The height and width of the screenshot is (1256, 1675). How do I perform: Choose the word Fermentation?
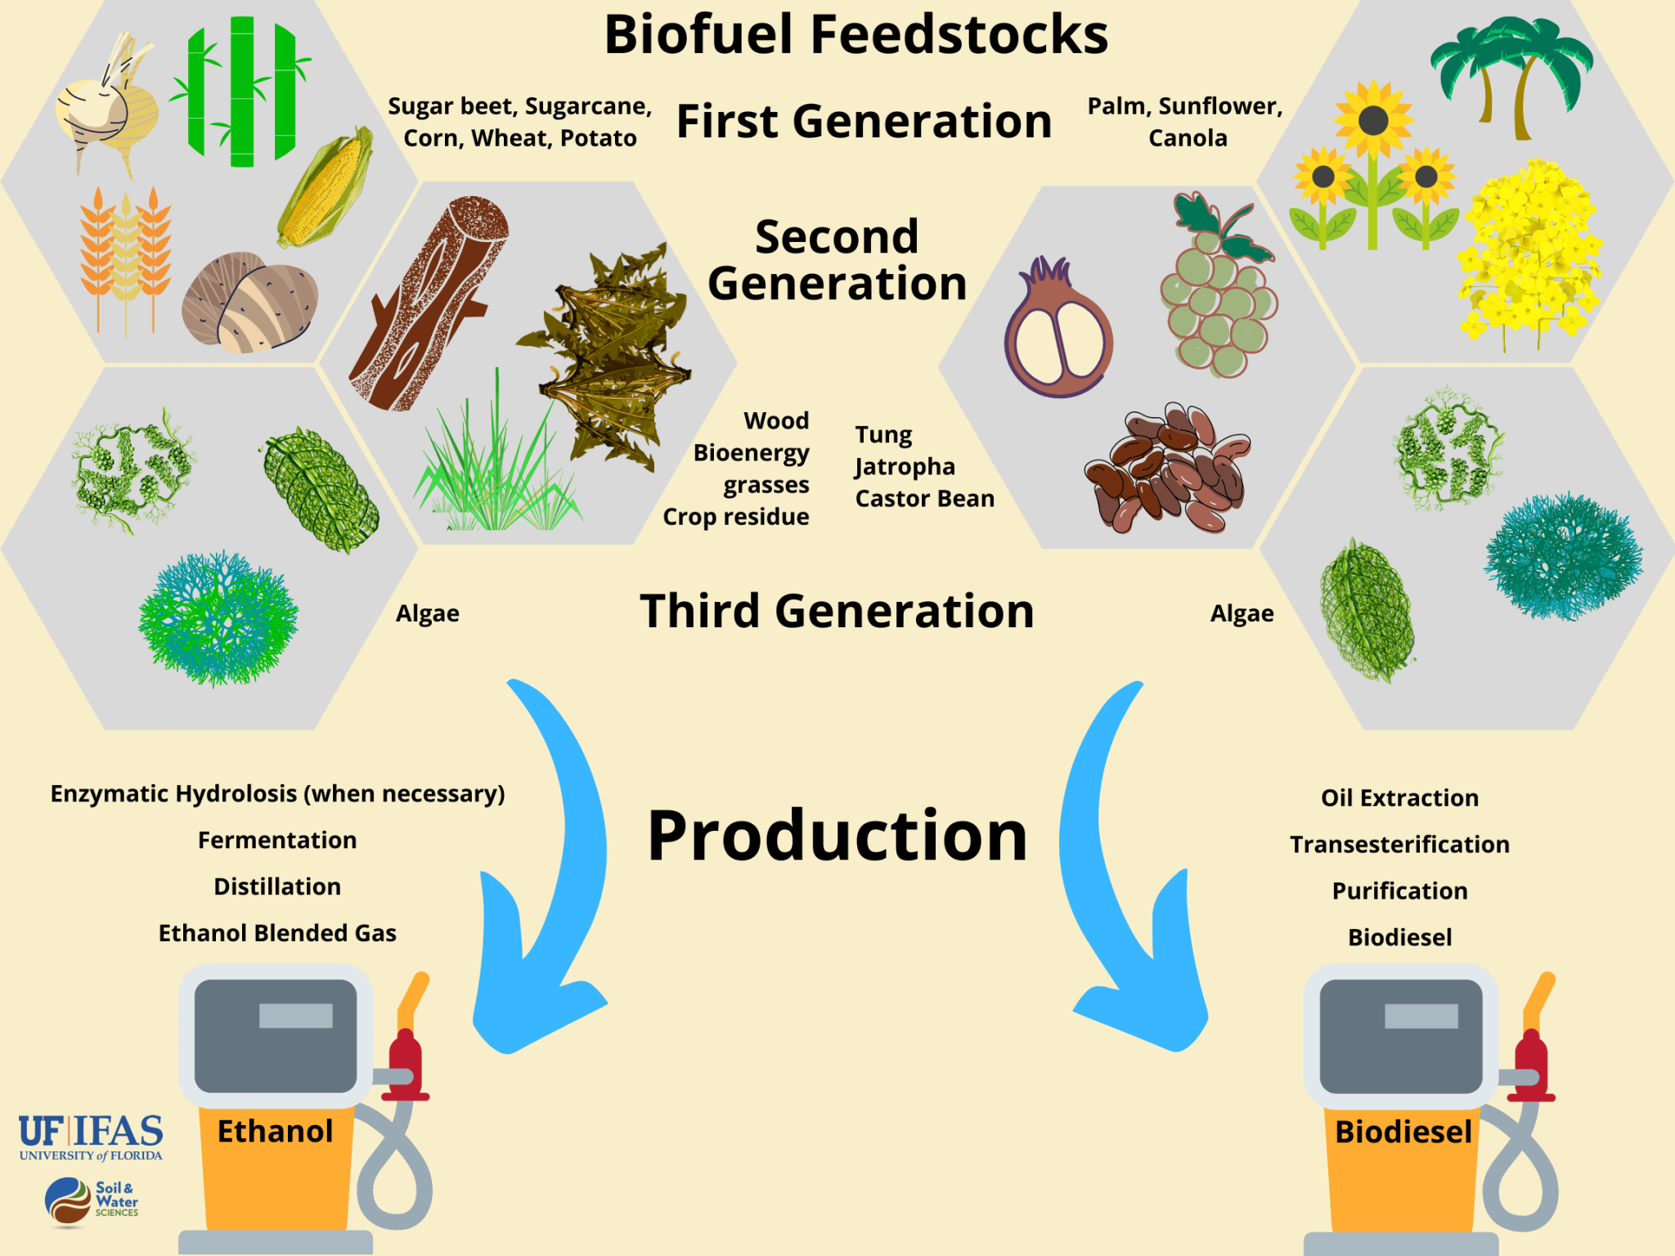click(x=277, y=840)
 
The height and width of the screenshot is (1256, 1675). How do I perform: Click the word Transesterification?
click(x=1399, y=844)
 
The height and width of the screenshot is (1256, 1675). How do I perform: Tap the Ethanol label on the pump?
click(x=275, y=1132)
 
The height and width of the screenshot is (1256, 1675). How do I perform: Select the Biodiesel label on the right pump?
click(x=1403, y=1132)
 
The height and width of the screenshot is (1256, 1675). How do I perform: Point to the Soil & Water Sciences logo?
click(x=91, y=1200)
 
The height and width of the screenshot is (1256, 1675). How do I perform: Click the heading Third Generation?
click(x=837, y=611)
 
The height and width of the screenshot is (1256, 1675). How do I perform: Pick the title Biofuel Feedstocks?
click(x=855, y=34)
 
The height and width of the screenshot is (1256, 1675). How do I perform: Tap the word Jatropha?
click(x=905, y=466)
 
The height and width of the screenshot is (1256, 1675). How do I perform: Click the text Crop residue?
click(x=735, y=517)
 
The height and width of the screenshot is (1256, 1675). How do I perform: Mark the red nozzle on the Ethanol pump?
click(x=405, y=1063)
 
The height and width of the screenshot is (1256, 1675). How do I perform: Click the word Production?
click(x=837, y=836)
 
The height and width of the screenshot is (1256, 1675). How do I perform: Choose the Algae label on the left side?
click(x=427, y=613)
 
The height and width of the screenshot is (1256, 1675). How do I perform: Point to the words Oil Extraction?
click(x=1399, y=797)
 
